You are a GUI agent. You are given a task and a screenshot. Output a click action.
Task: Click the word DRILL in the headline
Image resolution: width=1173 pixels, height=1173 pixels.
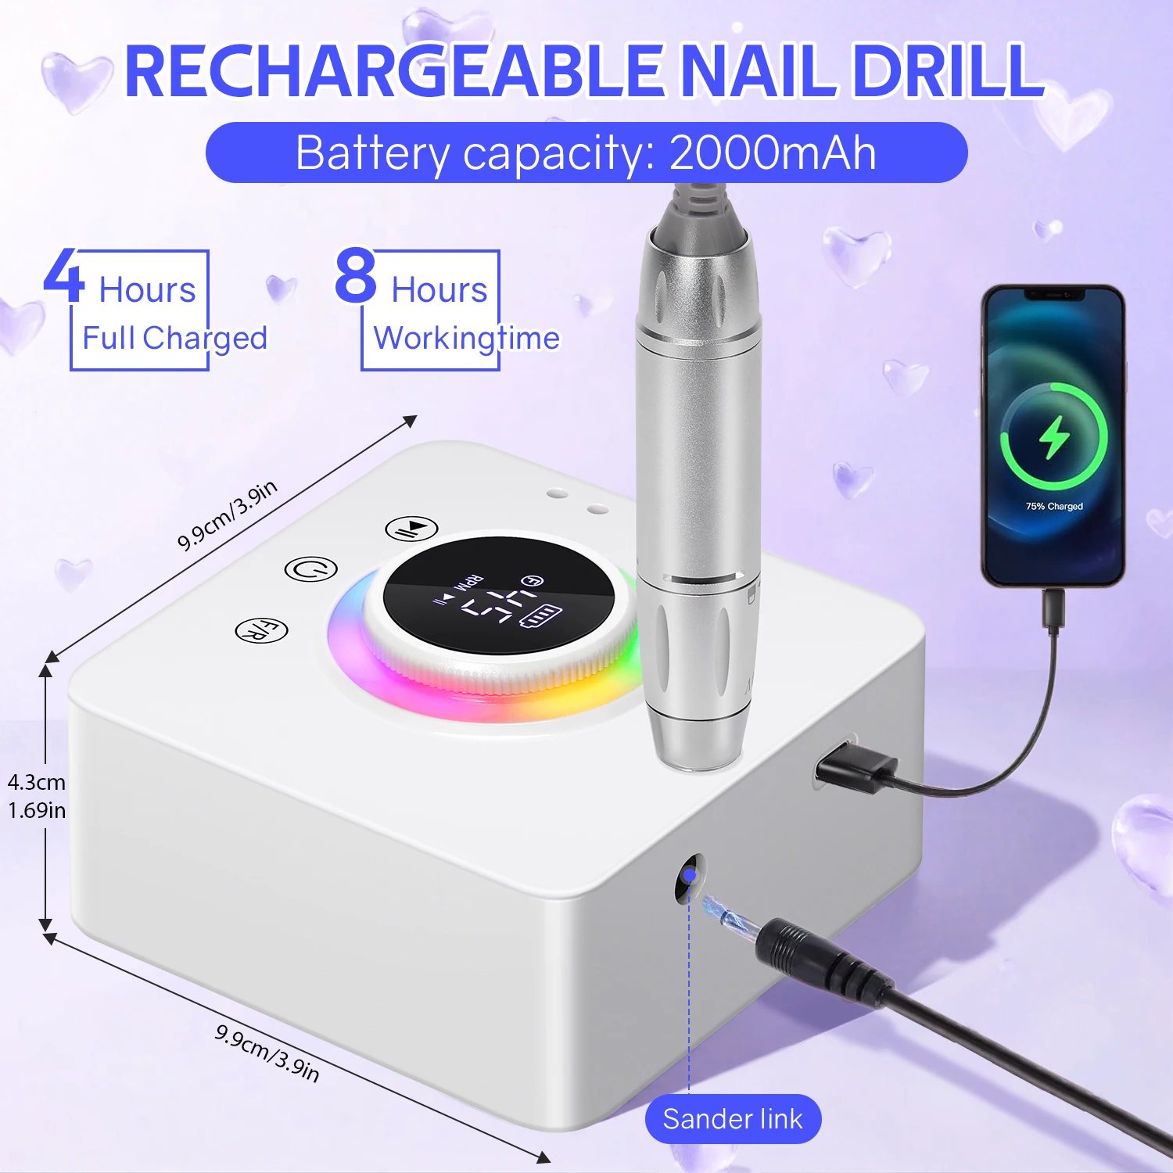pos(948,71)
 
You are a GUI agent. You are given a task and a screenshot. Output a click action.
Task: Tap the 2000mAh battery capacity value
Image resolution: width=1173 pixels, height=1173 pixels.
pos(772,152)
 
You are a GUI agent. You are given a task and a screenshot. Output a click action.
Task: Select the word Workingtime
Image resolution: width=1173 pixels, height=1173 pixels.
pos(467,339)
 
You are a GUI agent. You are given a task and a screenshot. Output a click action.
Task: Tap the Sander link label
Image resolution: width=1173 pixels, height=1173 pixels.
pos(733,1119)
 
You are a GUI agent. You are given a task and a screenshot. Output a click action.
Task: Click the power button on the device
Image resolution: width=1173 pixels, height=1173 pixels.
pos(310,569)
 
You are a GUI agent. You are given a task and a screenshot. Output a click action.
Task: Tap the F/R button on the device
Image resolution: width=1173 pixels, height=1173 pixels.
pos(262,630)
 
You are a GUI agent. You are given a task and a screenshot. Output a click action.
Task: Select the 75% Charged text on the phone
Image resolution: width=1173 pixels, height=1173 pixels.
pos(1054,507)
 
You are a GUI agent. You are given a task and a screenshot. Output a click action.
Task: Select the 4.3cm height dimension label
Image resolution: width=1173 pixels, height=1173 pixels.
pos(37,782)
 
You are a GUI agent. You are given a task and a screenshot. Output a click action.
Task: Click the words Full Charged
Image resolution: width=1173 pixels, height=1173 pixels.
pos(174,339)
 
